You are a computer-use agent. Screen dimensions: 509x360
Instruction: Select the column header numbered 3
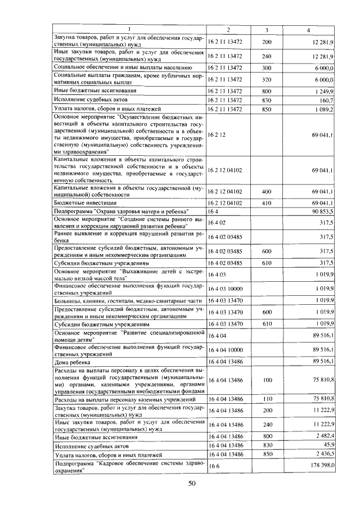tap(266, 29)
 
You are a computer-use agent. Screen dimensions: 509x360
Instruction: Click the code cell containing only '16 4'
tap(213, 210)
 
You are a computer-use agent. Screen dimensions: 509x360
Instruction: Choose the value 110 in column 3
tap(267, 399)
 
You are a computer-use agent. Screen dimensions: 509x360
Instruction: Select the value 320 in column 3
tap(267, 80)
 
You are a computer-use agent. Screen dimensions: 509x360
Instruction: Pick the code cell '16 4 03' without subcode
tap(217, 274)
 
